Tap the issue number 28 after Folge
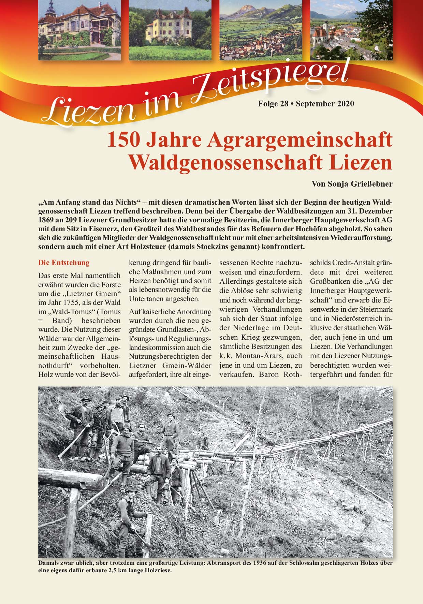coord(283,104)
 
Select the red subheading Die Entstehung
coord(64,263)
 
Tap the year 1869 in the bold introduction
coord(46,220)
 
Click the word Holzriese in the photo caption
coord(158,570)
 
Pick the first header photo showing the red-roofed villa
coord(79,30)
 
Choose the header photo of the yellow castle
coord(170,30)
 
